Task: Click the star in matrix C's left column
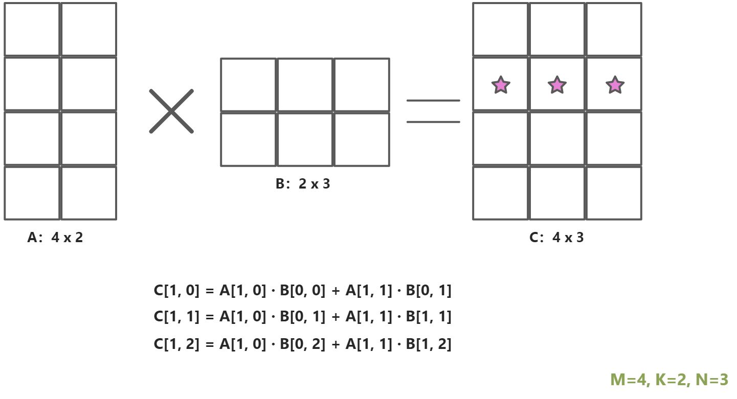pos(500,85)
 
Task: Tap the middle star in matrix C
pos(556,85)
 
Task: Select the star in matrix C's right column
pos(614,85)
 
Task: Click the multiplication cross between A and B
pos(171,111)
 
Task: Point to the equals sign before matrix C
pos(433,111)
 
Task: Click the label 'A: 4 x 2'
pos(55,238)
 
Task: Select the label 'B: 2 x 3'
pos(303,184)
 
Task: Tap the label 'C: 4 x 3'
pos(556,238)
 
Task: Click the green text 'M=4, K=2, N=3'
pos(669,380)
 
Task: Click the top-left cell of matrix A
pos(32,29)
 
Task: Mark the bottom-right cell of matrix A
pos(89,193)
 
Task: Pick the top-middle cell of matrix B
pos(305,84)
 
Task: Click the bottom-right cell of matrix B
pos(361,139)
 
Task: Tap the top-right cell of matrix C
pos(613,29)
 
